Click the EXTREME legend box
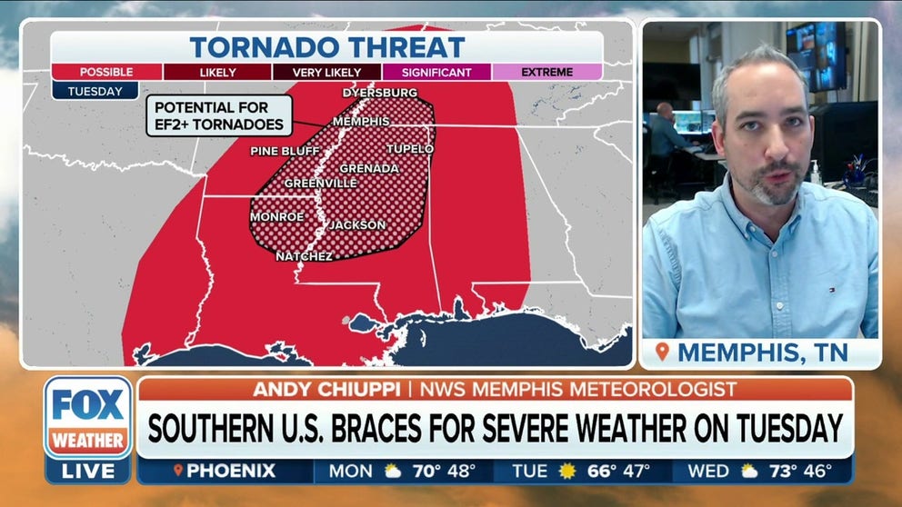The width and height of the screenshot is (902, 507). (x=546, y=72)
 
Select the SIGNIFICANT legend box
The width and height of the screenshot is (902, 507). (x=437, y=72)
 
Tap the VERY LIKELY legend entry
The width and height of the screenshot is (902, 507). (x=326, y=72)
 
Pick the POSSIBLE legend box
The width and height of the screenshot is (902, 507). (x=106, y=72)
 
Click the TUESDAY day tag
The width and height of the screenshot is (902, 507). (x=95, y=91)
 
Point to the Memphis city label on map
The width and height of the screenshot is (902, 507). (x=361, y=121)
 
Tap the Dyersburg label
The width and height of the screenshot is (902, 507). (x=380, y=93)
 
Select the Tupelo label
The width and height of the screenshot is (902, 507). (x=410, y=148)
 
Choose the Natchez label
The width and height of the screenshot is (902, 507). (x=304, y=256)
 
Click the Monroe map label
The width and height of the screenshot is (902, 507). (x=276, y=217)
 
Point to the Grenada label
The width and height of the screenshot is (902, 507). (x=369, y=168)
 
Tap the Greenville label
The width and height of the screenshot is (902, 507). (x=321, y=183)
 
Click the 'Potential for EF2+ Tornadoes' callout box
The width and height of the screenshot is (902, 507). (x=219, y=115)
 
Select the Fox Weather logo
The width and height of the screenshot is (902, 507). (x=88, y=417)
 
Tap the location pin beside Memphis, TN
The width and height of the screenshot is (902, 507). (x=662, y=352)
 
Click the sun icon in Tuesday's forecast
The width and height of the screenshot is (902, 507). (x=568, y=472)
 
